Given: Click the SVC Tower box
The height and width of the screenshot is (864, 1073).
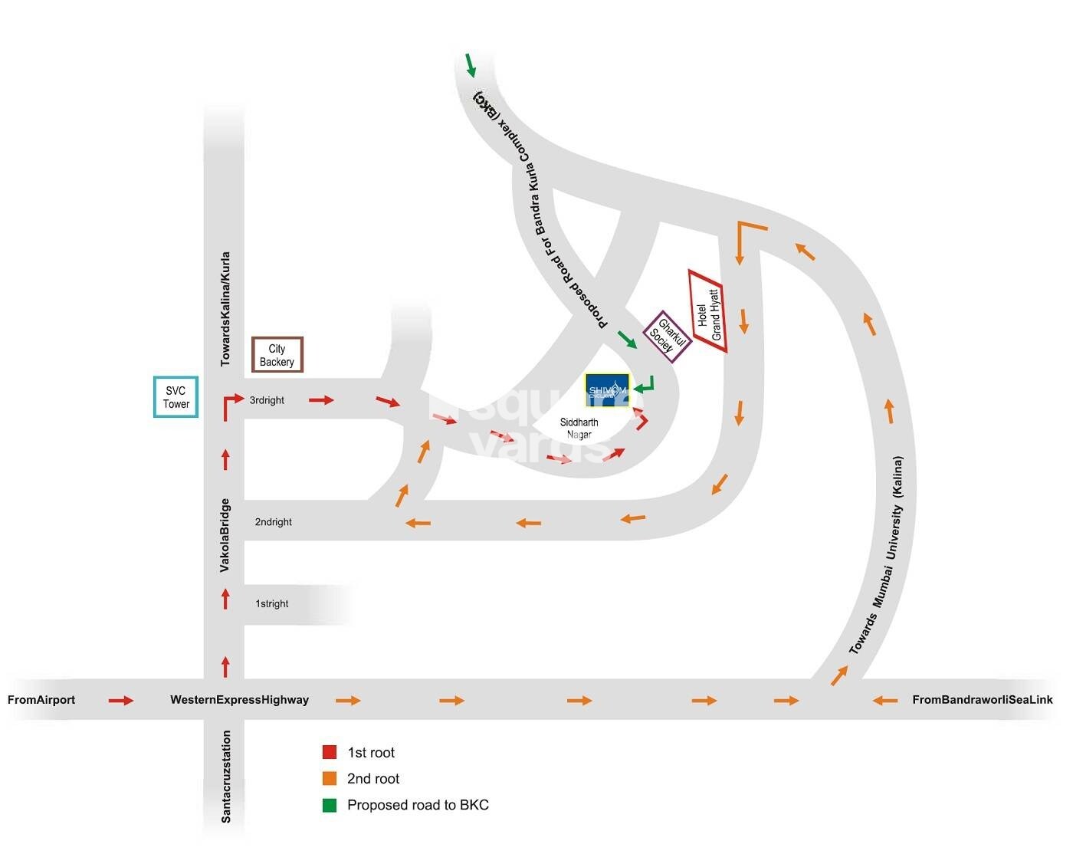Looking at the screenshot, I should click(x=176, y=397).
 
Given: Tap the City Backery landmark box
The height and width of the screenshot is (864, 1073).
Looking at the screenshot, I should click(x=277, y=355).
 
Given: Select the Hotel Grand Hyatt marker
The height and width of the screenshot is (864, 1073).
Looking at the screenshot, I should click(x=708, y=312).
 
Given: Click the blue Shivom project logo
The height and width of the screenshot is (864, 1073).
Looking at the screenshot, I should click(x=607, y=390).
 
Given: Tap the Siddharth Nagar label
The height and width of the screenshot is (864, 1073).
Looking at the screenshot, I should click(x=579, y=429).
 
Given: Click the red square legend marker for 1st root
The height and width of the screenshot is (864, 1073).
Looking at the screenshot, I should click(x=330, y=752).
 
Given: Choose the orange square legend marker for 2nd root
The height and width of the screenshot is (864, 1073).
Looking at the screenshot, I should click(x=330, y=778).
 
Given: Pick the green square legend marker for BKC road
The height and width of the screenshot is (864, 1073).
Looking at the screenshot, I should click(x=330, y=805).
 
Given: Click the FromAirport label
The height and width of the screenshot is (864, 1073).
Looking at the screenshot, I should click(x=41, y=700).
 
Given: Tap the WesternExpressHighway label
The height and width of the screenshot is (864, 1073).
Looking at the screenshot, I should click(x=239, y=700).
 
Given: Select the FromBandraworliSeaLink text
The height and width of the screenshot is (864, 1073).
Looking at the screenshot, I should click(x=982, y=700).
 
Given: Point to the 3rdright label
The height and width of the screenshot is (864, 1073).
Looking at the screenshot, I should click(x=267, y=400).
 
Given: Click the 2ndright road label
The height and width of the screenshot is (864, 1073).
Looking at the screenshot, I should click(x=273, y=522).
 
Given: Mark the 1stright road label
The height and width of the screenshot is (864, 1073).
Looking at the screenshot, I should click(x=271, y=604).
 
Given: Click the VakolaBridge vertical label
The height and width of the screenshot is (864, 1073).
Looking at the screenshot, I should click(x=225, y=535).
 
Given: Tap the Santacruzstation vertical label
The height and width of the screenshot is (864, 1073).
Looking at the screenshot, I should click(x=225, y=777).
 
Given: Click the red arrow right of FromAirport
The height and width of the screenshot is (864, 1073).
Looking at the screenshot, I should click(x=121, y=701).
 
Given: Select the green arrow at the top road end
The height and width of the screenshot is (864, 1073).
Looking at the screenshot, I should click(x=471, y=66).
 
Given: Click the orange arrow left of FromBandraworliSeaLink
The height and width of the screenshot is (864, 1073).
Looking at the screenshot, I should click(x=885, y=701).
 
